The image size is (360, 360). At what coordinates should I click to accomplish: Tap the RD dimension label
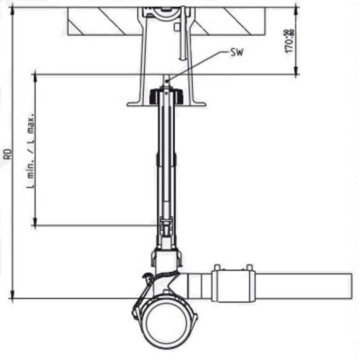[7, 152]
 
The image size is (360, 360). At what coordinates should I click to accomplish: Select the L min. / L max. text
[32, 149]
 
